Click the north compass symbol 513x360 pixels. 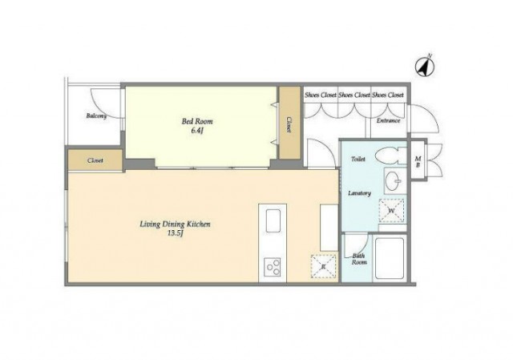425,67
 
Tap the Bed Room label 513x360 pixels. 197,121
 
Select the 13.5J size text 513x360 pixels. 175,233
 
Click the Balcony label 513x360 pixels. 96,115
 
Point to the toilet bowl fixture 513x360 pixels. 390,156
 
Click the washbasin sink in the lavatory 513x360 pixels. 394,180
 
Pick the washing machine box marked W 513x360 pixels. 391,210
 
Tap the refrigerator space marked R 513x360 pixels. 323,266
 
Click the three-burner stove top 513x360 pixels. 273,267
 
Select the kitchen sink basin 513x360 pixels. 273,221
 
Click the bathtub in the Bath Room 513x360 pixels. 390,258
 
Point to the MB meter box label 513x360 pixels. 418,162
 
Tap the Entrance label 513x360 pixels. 388,120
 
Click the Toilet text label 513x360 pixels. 358,159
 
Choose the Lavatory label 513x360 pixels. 359,193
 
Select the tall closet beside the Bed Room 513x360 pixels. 289,123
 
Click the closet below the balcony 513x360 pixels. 95,160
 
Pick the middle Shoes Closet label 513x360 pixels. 354,95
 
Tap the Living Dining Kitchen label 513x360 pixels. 175,224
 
